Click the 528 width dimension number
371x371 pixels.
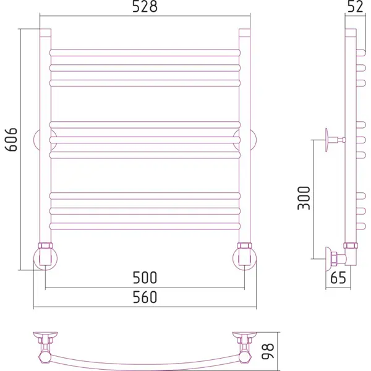coord(145,7)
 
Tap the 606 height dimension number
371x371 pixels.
coord(11,140)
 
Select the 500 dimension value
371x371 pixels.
coord(145,278)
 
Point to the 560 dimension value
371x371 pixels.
coord(145,297)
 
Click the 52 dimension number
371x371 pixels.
coord(355,7)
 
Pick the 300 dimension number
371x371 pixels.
coord(304,198)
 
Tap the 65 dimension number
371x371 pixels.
coord(338,278)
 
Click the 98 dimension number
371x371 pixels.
coord(268,351)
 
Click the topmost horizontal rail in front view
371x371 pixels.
coord(145,53)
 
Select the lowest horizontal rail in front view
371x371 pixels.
coord(145,226)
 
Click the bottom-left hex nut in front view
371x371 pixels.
coord(45,245)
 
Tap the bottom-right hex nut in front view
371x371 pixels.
coord(244,245)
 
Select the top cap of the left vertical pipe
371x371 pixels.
coord(45,33)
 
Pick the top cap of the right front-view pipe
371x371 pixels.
coord(244,33)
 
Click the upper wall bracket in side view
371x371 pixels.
coord(334,140)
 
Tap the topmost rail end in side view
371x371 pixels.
coord(361,53)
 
